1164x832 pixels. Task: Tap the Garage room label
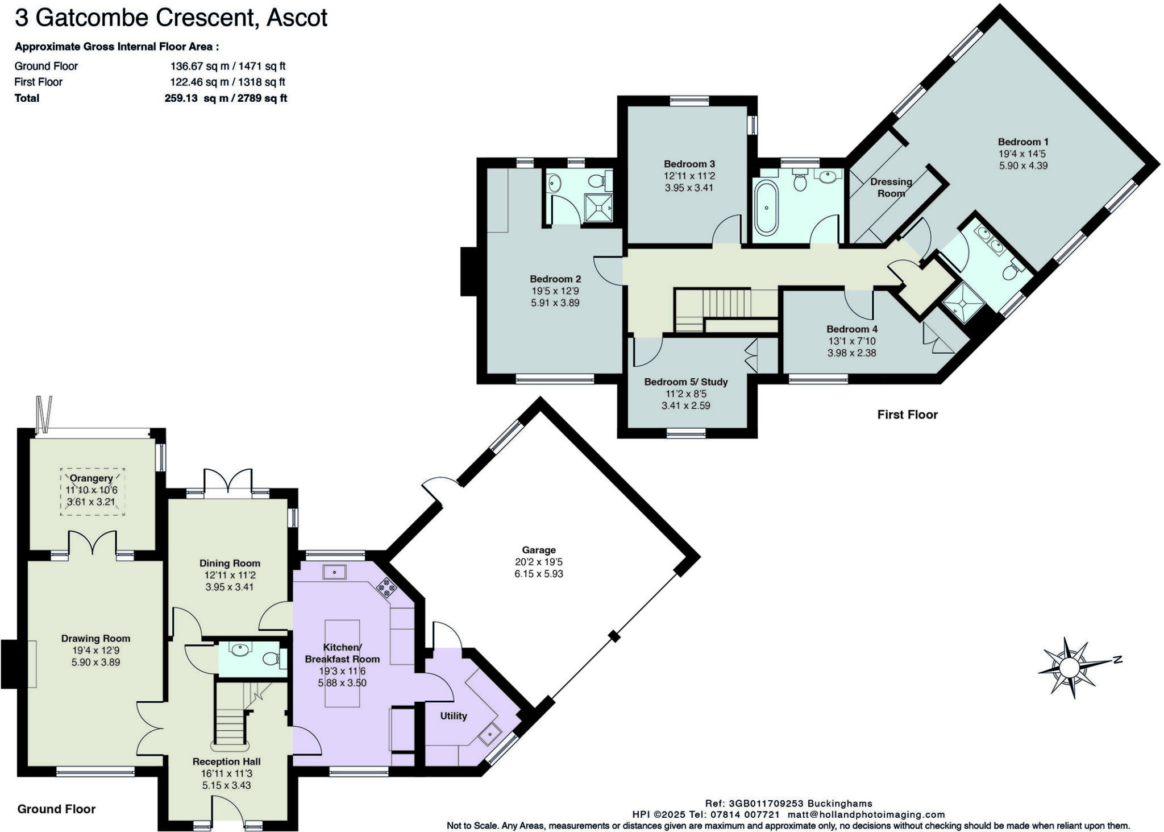click(538, 550)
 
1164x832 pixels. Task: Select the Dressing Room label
click(891, 188)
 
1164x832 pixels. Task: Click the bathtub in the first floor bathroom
click(766, 208)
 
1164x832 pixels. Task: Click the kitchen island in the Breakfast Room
click(342, 663)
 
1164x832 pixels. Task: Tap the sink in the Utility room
click(489, 735)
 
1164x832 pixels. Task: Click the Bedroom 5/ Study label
click(685, 382)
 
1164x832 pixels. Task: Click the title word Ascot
click(297, 18)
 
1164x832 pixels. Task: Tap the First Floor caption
click(907, 415)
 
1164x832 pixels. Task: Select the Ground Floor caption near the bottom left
click(56, 809)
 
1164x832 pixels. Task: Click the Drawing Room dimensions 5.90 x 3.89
click(95, 662)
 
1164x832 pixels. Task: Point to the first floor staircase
click(726, 303)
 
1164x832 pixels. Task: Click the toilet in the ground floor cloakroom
click(271, 659)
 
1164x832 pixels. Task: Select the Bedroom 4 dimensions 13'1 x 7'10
click(851, 341)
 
